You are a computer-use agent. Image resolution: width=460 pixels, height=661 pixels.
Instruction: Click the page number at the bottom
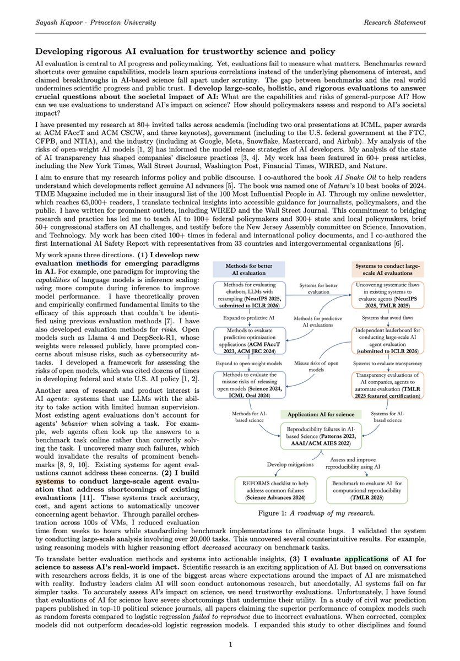230,644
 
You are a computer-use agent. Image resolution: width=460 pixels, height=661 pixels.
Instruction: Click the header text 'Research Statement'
396,22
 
